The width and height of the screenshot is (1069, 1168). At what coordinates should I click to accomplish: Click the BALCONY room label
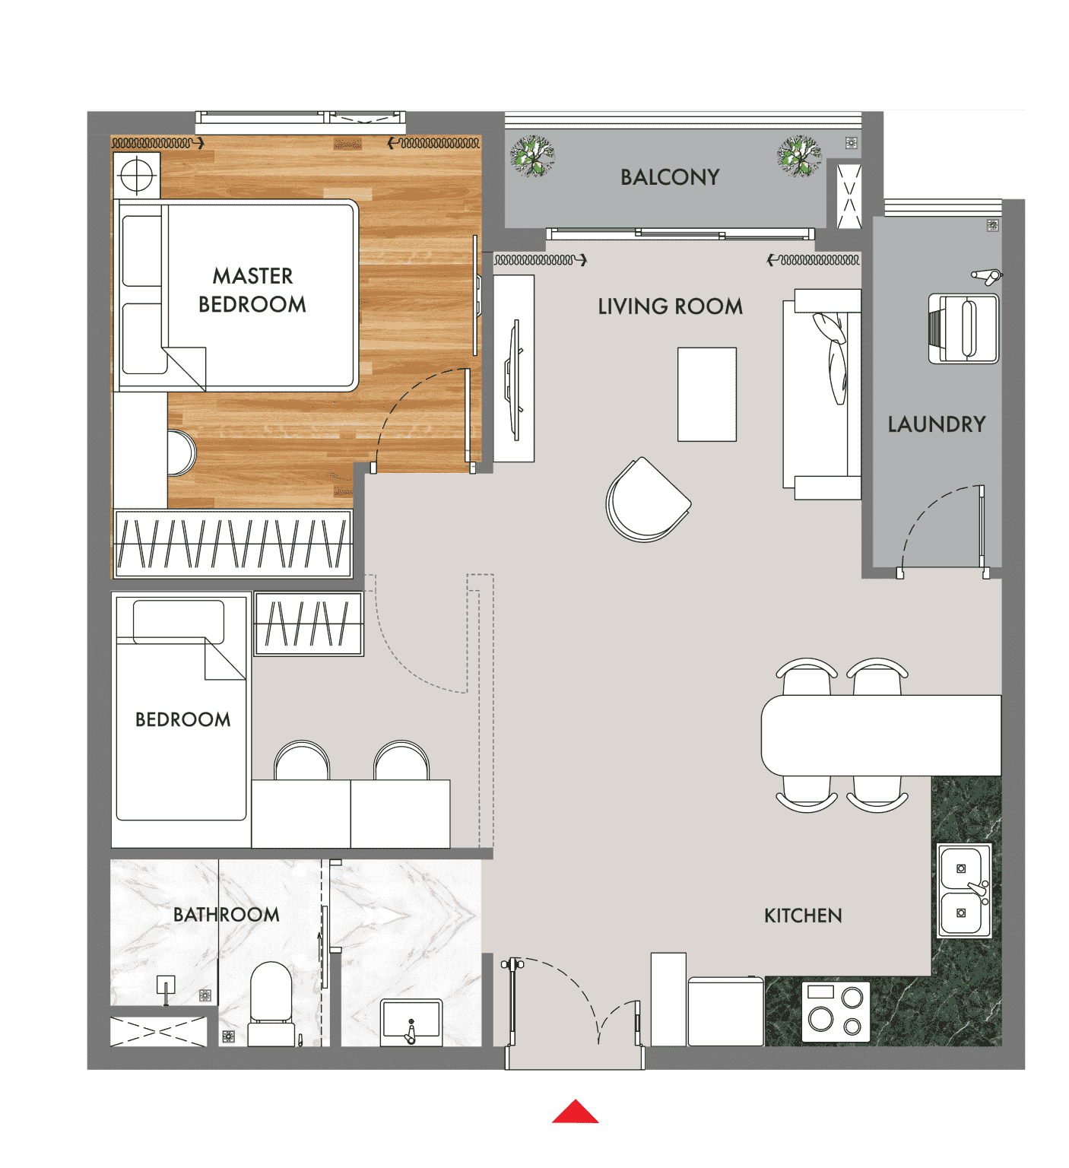point(670,177)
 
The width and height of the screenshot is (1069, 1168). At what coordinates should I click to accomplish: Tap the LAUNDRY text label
point(937,424)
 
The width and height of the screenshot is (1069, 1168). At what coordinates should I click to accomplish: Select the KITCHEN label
point(803,916)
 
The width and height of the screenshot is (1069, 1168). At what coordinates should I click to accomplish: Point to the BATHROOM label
point(227,914)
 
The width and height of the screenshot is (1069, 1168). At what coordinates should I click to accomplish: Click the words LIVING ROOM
point(670,306)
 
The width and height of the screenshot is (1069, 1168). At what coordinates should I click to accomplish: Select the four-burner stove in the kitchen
point(836,1009)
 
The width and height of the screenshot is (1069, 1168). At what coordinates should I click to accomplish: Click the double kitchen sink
point(965,890)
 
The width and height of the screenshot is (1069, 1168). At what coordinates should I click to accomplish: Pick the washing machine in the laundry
point(963,328)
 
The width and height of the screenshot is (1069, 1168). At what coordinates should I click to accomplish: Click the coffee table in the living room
point(707,394)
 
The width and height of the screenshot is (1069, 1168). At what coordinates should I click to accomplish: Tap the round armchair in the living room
point(648,500)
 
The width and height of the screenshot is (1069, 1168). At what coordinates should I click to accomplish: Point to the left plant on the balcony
point(532,156)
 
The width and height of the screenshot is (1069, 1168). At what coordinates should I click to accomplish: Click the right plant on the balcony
point(799,156)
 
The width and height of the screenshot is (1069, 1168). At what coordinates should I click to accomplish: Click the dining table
point(881,735)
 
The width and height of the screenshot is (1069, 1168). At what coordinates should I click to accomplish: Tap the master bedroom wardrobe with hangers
point(233,543)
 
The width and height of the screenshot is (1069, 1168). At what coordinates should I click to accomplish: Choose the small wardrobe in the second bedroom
point(309,624)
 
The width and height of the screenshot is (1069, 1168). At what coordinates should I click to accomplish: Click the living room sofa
point(822,394)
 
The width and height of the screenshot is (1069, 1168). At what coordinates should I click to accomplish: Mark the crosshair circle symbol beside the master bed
point(137,176)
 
